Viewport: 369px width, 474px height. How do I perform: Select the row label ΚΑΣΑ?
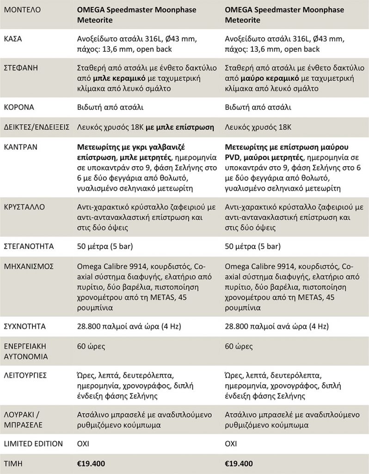click(x=13, y=39)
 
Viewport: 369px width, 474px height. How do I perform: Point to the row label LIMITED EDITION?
click(x=33, y=443)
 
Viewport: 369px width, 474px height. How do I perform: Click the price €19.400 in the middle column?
click(x=91, y=463)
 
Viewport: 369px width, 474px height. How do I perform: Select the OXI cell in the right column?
click(x=231, y=443)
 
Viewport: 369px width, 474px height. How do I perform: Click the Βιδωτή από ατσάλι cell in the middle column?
click(x=108, y=107)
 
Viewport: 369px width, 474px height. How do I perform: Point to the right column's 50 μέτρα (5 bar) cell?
click(x=252, y=246)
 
